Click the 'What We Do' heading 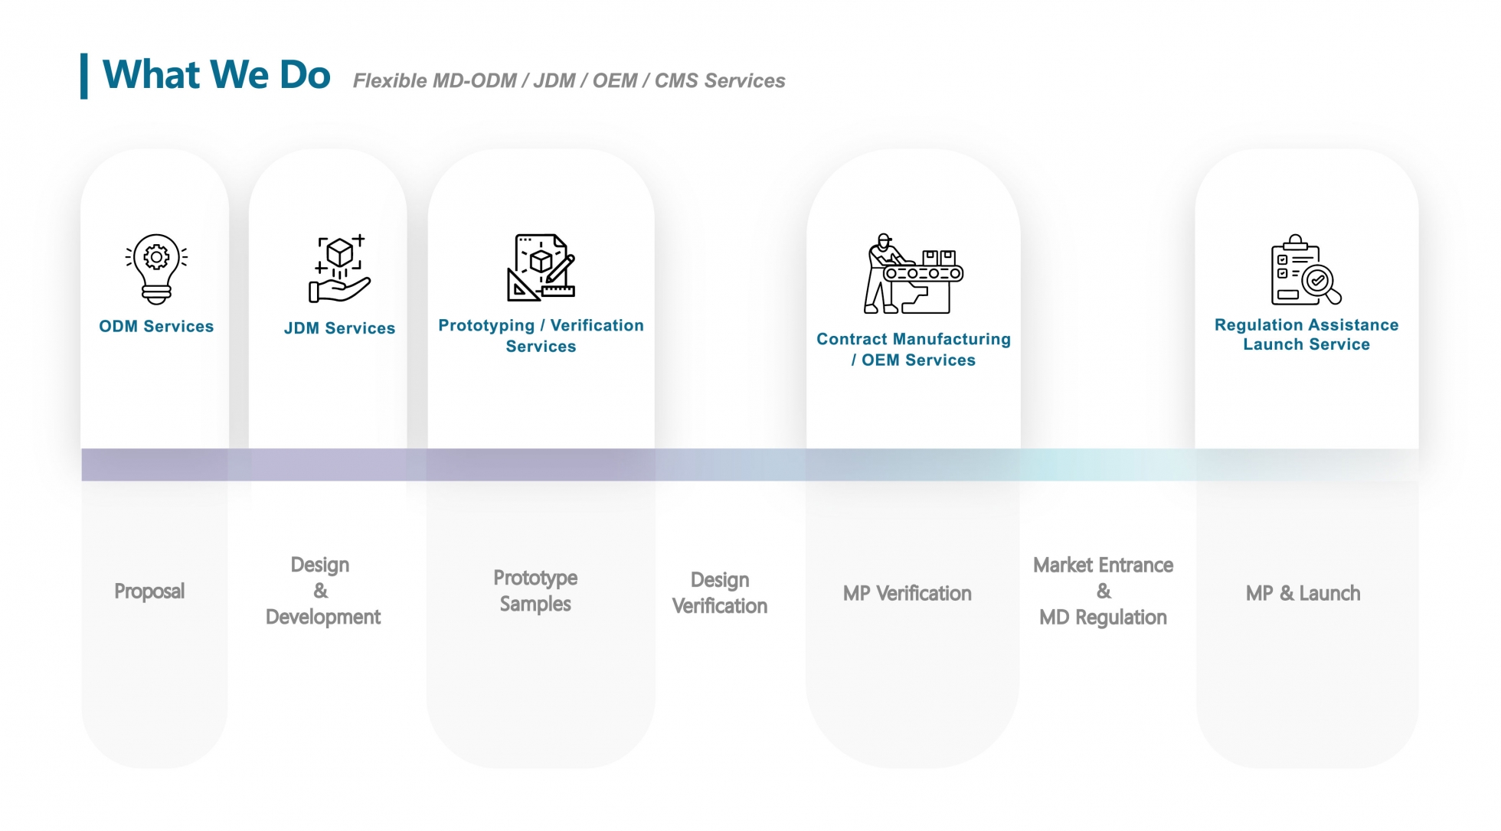click(x=217, y=75)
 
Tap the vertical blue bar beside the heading click(x=84, y=76)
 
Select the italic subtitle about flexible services click(x=568, y=81)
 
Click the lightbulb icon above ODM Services click(x=156, y=269)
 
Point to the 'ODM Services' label click(x=156, y=327)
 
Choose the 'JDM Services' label click(x=339, y=328)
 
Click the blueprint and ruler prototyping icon click(x=541, y=267)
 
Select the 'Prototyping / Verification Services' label click(x=541, y=336)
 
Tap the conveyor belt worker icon click(x=913, y=274)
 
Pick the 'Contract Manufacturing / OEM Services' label click(x=913, y=350)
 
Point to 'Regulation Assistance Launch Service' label click(x=1306, y=334)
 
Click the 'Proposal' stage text click(x=149, y=591)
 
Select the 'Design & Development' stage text click(x=322, y=591)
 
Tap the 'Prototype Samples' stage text click(x=535, y=591)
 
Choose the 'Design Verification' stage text click(x=719, y=593)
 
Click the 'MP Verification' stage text click(x=907, y=594)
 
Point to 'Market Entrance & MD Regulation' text click(x=1103, y=591)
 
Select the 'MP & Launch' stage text click(x=1303, y=594)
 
